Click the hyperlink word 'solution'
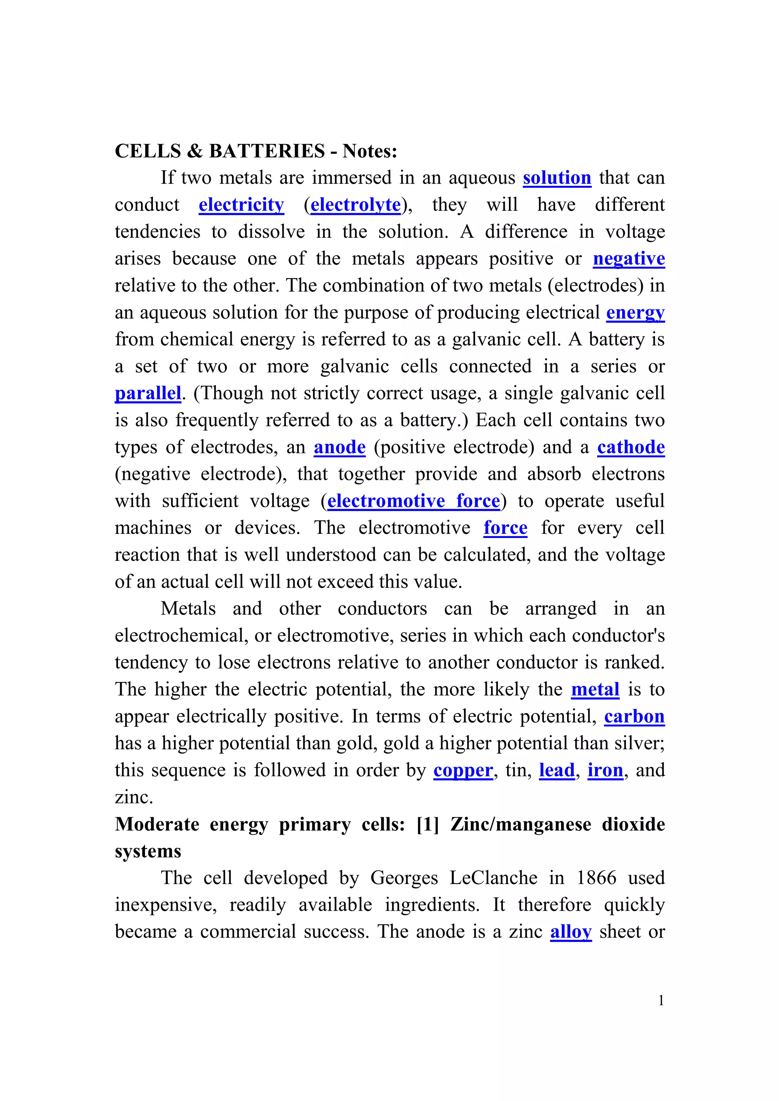[x=557, y=178]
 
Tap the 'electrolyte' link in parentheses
[x=355, y=205]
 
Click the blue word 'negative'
[x=628, y=258]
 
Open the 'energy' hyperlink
[x=635, y=313]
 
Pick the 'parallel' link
[x=148, y=393]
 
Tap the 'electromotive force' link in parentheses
[x=413, y=501]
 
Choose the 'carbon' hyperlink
[x=634, y=717]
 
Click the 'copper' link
[x=463, y=770]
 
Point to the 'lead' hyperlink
[x=556, y=770]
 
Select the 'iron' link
[x=605, y=770]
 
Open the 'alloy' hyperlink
[x=570, y=932]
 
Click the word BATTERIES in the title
[x=267, y=151]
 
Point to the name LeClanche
[x=493, y=878]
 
